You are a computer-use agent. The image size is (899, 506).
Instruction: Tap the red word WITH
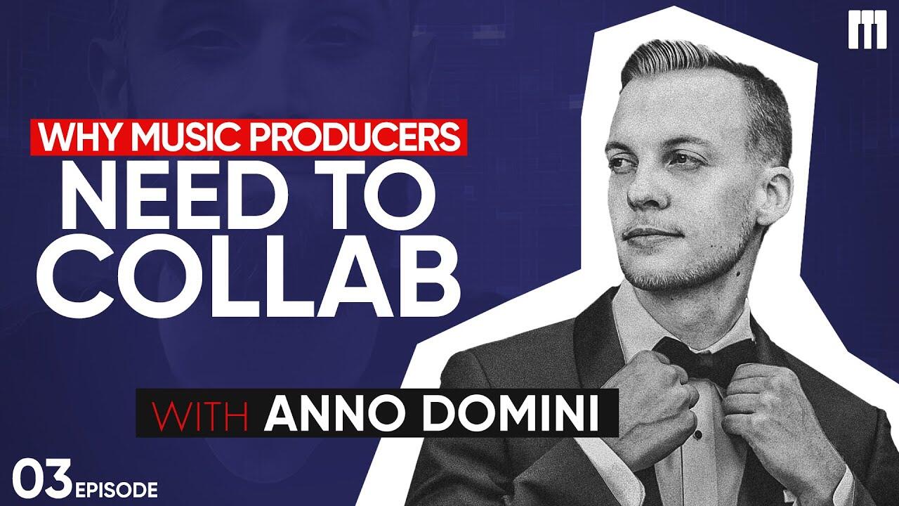(x=200, y=413)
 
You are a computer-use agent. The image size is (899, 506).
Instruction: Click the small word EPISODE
(x=117, y=490)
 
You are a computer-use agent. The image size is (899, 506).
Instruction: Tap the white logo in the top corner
(x=867, y=30)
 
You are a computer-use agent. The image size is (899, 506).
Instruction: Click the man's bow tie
(x=707, y=358)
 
